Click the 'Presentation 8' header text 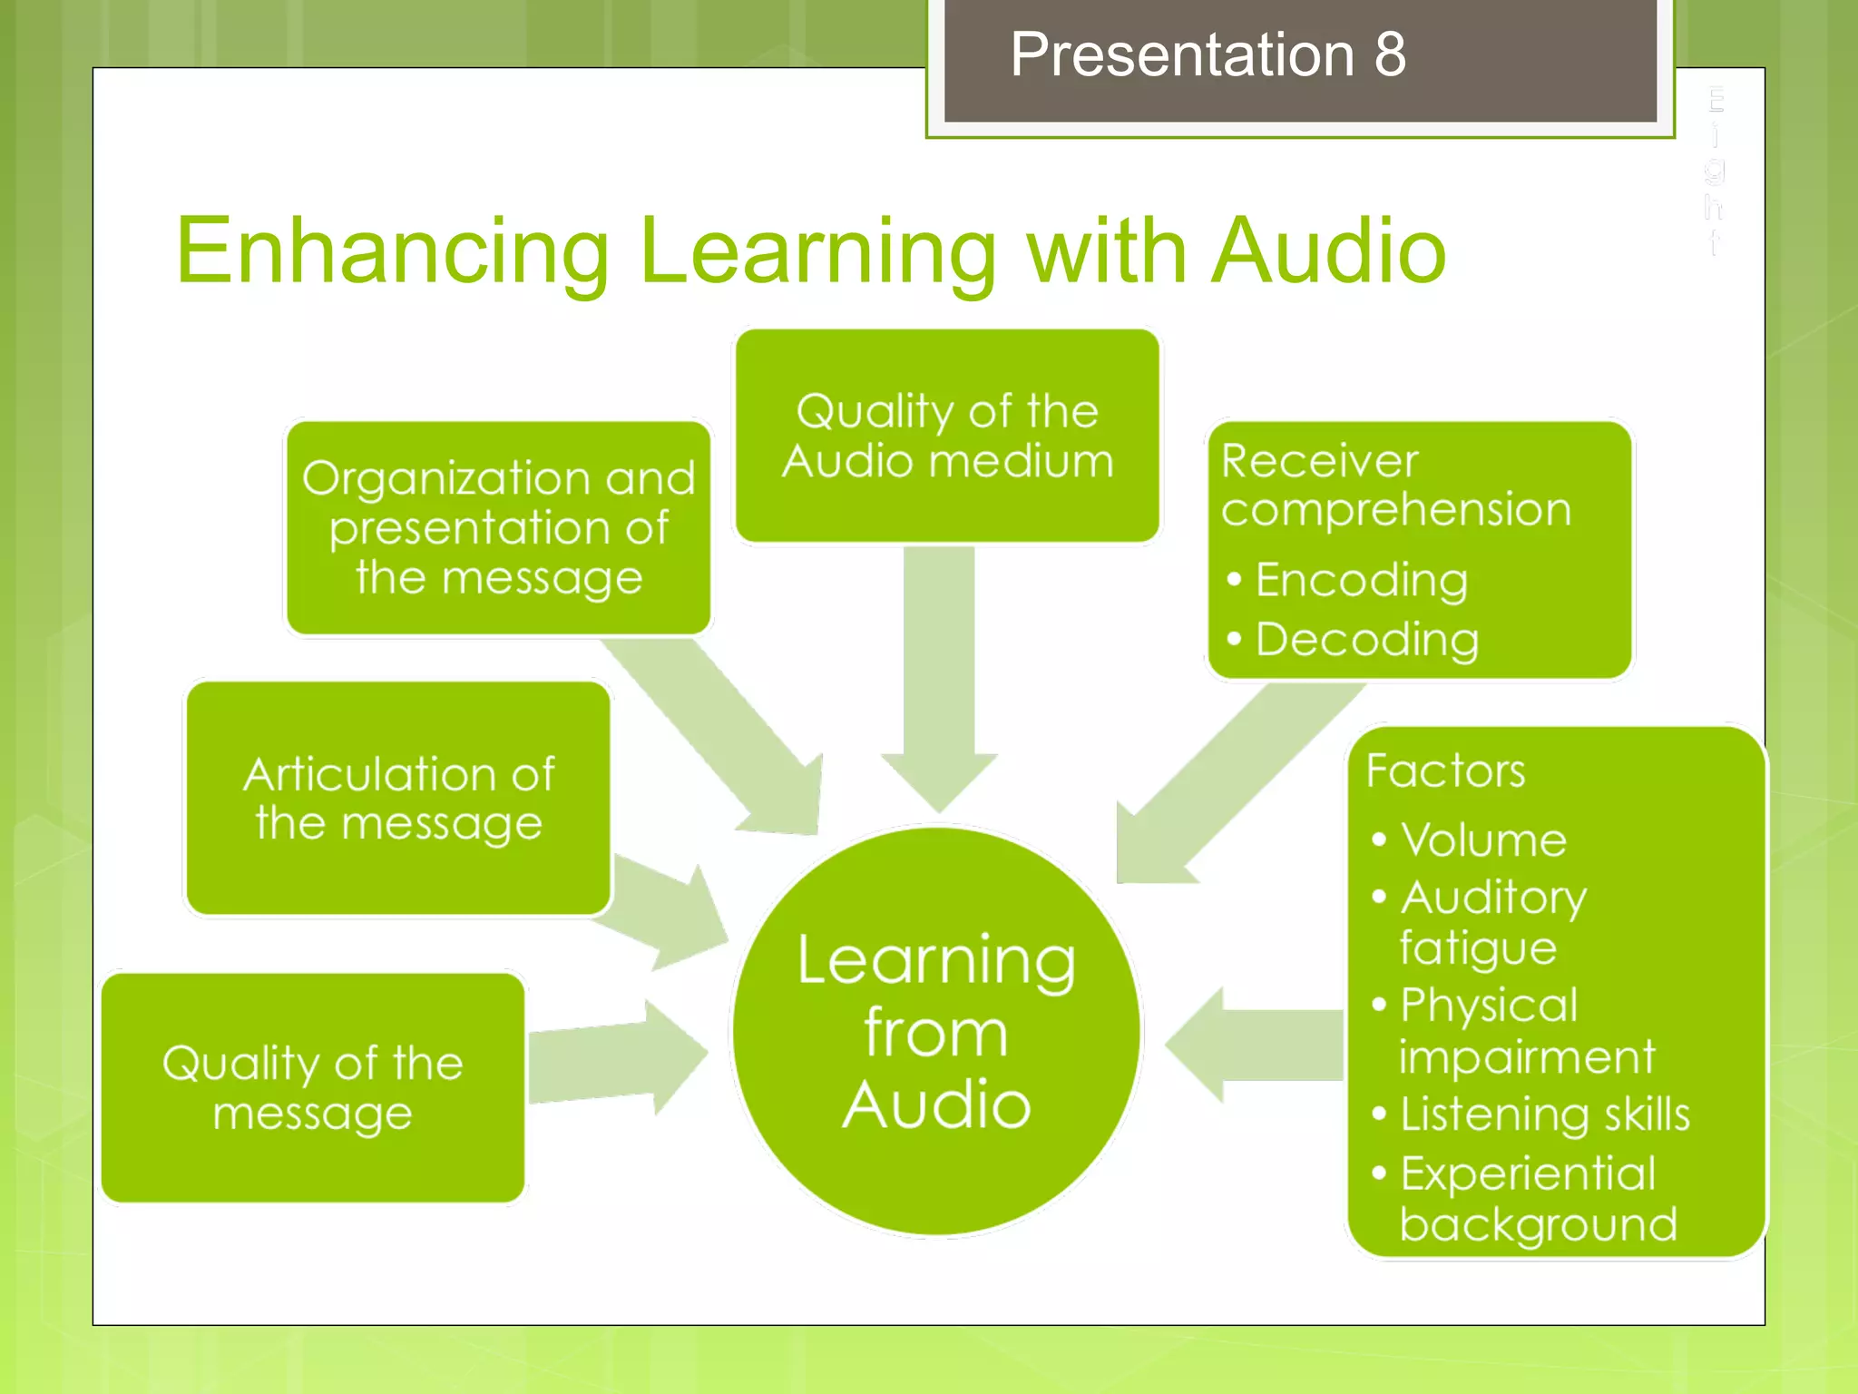point(1208,54)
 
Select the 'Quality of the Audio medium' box point(947,436)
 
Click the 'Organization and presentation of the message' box point(498,527)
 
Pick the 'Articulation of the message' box point(398,799)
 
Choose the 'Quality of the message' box point(313,1087)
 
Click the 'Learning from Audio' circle point(936,1032)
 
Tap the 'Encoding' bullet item point(1360,580)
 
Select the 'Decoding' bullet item point(1366,640)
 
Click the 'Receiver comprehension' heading point(1394,485)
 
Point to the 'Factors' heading point(1445,771)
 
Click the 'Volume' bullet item point(1482,840)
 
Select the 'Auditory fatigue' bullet point(1491,922)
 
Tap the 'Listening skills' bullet point(1544,1114)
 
